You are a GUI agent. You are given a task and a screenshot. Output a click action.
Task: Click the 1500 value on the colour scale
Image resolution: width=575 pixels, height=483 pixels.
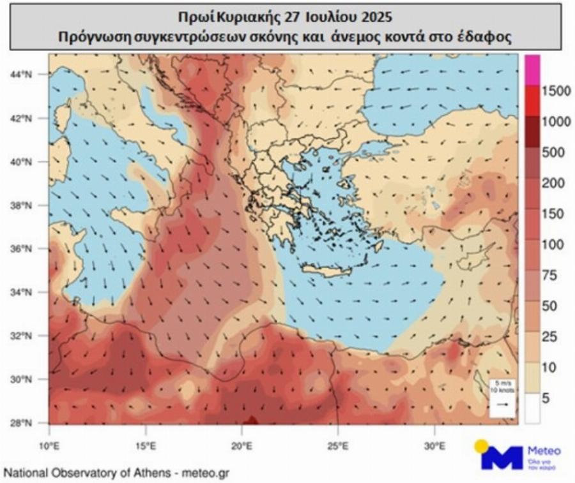555,91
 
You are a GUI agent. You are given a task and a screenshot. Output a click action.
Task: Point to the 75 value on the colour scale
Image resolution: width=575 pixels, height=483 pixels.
549,276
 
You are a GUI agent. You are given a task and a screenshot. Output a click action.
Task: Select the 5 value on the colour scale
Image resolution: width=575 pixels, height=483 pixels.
546,399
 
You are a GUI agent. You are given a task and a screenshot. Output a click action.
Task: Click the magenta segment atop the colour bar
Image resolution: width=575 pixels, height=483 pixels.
532,70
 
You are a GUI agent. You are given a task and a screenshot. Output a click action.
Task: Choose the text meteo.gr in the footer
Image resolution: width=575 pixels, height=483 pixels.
203,473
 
